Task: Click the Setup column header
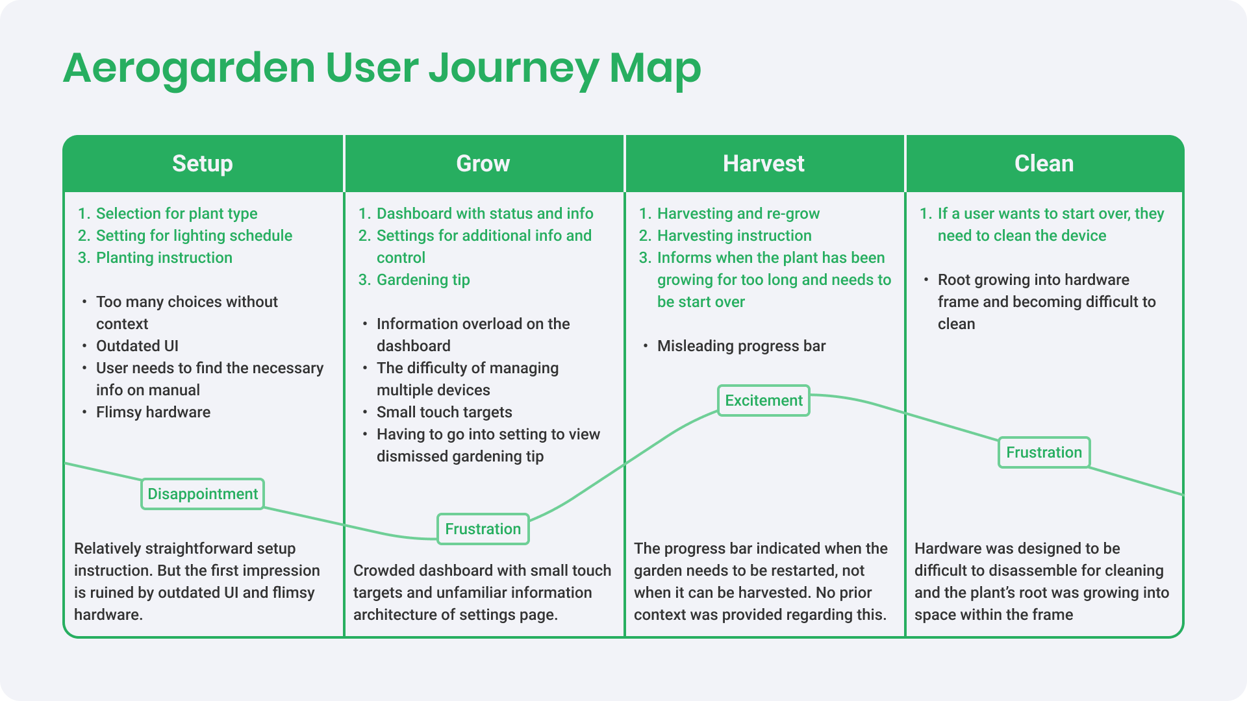tap(203, 164)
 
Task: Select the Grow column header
tap(483, 164)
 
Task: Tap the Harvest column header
tap(764, 164)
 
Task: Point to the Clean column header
tap(1044, 164)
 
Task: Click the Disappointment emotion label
tap(203, 494)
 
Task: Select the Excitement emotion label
tap(764, 400)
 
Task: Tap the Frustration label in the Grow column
tap(483, 529)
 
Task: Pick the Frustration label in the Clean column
tap(1044, 452)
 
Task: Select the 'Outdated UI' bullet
tap(137, 346)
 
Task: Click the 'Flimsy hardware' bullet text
tap(153, 412)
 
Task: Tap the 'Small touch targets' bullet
tap(444, 412)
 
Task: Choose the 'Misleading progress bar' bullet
tap(741, 346)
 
